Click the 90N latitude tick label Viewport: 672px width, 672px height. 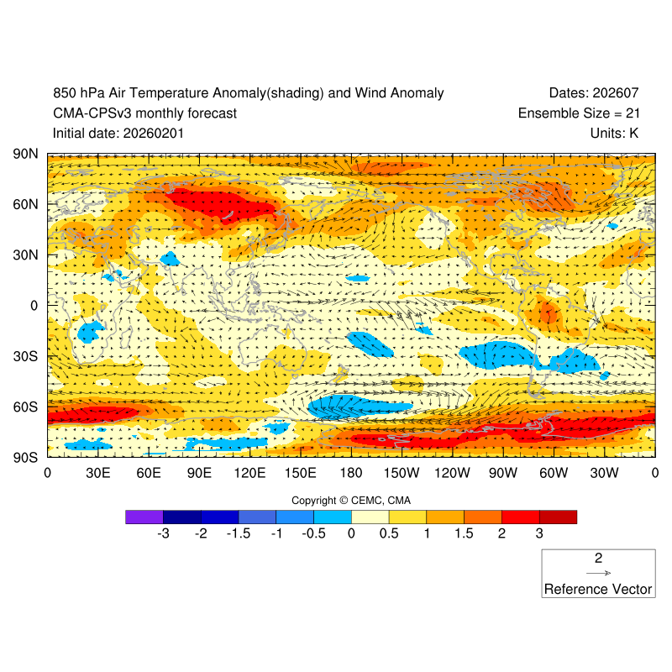pyautogui.click(x=25, y=155)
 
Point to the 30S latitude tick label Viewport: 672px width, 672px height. pyautogui.click(x=25, y=356)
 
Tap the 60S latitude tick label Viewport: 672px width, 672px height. pyautogui.click(x=25, y=407)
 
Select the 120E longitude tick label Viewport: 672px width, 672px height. pyautogui.click(x=249, y=474)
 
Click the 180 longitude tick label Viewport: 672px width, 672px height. pyautogui.click(x=351, y=474)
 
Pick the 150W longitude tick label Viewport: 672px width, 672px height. pyautogui.click(x=402, y=474)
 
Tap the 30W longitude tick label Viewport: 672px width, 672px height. pyautogui.click(x=604, y=474)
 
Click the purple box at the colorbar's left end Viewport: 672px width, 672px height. pyautogui.click(x=144, y=517)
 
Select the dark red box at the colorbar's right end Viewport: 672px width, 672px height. pyautogui.click(x=558, y=517)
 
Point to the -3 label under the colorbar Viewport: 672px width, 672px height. pyautogui.click(x=163, y=533)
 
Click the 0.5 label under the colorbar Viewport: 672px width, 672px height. pyautogui.click(x=389, y=533)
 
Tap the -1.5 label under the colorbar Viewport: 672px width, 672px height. pyautogui.click(x=239, y=533)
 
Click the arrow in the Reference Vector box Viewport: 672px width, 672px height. pyautogui.click(x=598, y=573)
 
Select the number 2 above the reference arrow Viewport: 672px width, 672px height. pyautogui.click(x=598, y=558)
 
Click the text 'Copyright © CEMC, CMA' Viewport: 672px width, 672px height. pyautogui.click(x=351, y=501)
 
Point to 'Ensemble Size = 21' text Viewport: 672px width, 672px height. pyautogui.click(x=585, y=113)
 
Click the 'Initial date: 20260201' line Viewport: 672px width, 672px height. pyautogui.click(x=118, y=133)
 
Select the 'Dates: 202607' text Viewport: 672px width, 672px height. pyautogui.click(x=601, y=93)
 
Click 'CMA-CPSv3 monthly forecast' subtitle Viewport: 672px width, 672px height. pyautogui.click(x=144, y=113)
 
